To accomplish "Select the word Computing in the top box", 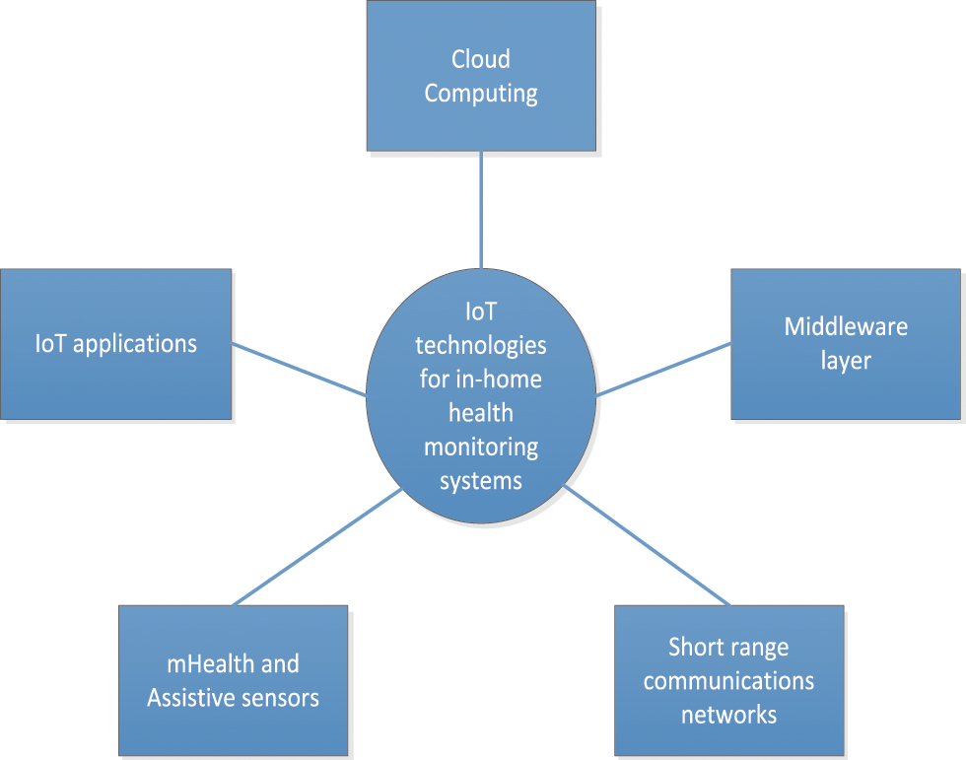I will tap(481, 94).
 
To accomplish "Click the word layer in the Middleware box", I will tap(846, 361).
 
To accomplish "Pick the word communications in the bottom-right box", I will tap(728, 681).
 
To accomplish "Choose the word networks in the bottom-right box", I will tap(728, 715).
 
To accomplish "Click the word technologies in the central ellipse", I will tap(481, 346).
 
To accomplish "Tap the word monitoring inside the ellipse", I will tap(481, 447).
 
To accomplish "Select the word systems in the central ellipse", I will tap(481, 481).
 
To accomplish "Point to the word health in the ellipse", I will tap(481, 413).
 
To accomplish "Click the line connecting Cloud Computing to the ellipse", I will tap(481, 209).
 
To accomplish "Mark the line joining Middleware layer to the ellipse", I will tap(663, 370).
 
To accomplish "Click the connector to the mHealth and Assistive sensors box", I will tap(315, 546).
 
